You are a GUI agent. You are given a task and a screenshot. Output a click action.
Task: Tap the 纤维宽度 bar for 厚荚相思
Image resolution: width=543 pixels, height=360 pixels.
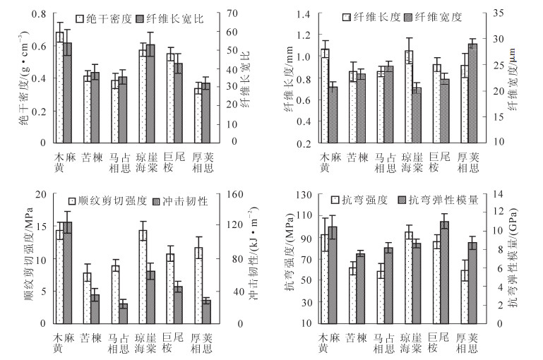click(x=472, y=93)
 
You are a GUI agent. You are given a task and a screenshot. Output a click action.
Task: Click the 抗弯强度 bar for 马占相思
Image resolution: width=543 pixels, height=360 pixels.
click(x=381, y=297)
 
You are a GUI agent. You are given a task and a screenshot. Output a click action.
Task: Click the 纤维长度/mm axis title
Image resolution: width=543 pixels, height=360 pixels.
click(x=289, y=79)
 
